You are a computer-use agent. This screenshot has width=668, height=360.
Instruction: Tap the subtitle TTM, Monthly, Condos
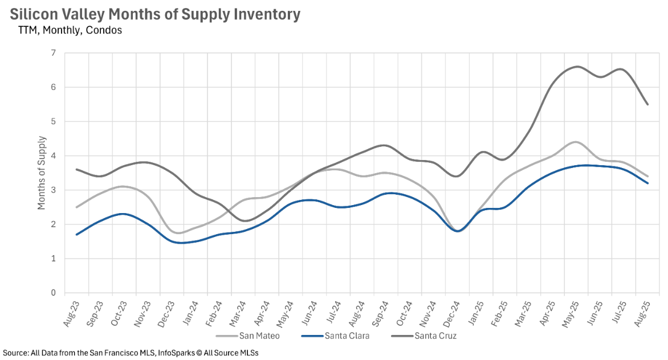pos(70,30)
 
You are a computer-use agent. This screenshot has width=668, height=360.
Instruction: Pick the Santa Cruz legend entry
pos(435,336)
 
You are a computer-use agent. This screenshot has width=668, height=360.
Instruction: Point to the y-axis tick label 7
pos(54,53)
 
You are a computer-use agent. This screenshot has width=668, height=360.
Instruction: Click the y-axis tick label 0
pos(54,293)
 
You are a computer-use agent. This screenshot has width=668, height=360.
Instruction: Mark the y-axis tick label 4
pos(54,156)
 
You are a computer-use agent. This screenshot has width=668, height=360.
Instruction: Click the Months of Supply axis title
pos(42,173)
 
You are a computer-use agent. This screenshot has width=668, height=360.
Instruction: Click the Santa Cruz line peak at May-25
pos(576,67)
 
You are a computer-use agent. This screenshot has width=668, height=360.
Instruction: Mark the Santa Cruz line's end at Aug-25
pos(647,104)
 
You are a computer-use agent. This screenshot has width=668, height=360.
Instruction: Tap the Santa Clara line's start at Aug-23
pos(77,234)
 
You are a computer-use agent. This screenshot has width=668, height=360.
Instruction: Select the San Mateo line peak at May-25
pos(575,142)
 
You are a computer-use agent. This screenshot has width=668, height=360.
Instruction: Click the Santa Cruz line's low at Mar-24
pos(244,221)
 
